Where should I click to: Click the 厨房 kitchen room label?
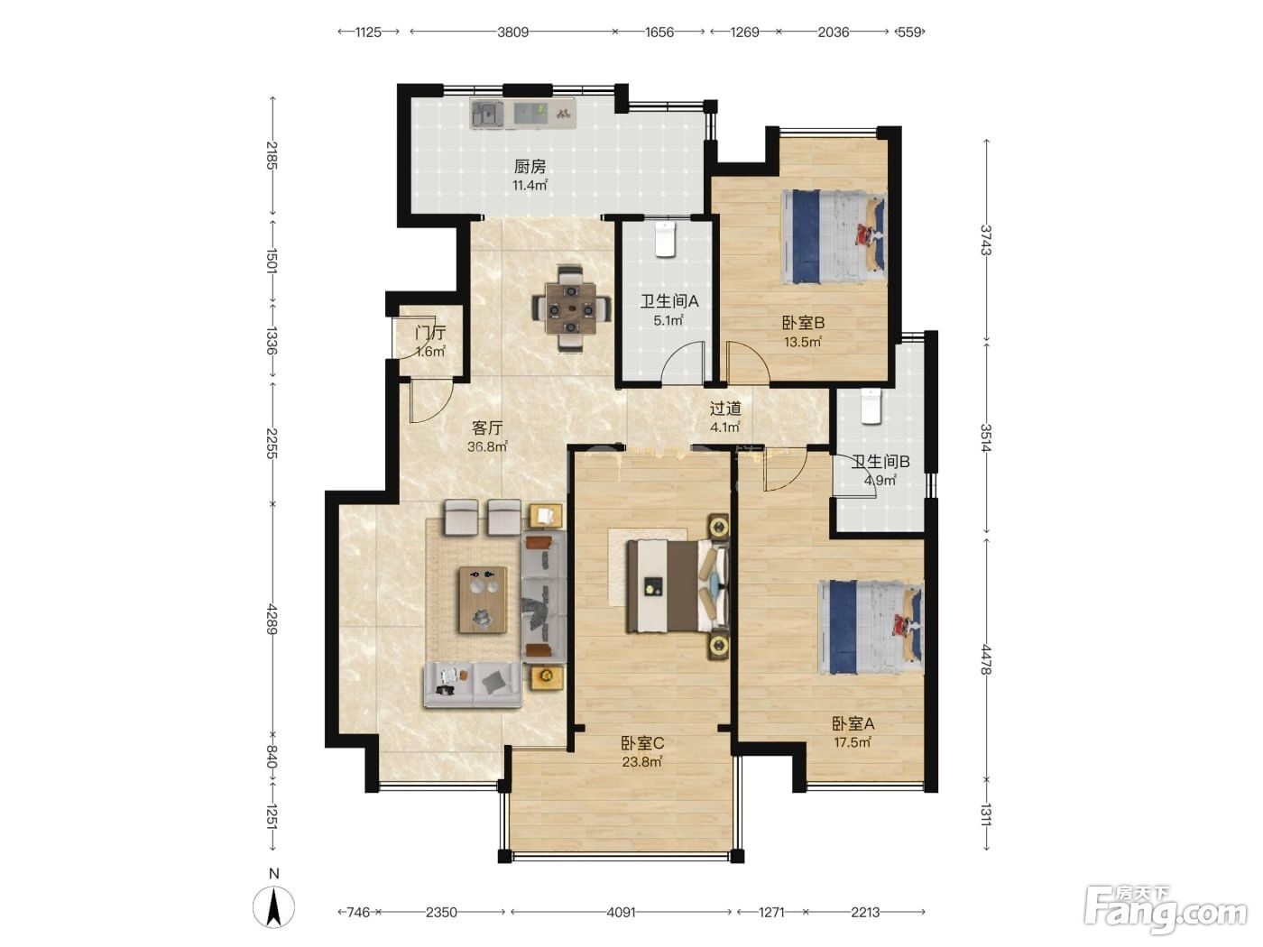(530, 167)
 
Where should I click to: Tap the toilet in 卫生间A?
(665, 239)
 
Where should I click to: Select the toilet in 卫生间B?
(871, 407)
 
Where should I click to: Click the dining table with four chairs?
(570, 308)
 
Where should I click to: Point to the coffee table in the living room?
(483, 600)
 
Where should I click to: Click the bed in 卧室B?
(834, 237)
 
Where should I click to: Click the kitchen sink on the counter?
(487, 115)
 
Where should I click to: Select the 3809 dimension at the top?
(512, 32)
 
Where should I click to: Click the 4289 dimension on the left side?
(272, 620)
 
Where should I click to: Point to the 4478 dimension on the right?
(986, 659)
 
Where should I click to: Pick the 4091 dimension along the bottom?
(621, 912)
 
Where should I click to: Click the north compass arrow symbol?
(274, 906)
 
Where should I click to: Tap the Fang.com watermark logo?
(1166, 909)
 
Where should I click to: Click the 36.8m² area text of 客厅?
(487, 446)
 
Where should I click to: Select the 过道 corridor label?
(725, 409)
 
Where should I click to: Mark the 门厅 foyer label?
(430, 332)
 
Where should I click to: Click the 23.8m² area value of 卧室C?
(642, 762)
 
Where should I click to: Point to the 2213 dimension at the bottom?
(865, 912)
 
